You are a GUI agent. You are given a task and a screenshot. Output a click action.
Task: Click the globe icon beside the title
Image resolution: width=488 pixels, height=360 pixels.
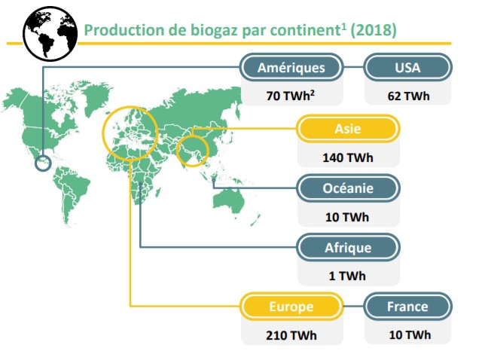pos(50,34)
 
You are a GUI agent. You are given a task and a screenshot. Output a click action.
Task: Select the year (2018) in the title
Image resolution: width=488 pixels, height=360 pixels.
pos(374,30)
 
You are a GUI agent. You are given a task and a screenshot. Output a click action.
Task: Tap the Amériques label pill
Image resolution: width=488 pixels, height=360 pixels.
pos(291,68)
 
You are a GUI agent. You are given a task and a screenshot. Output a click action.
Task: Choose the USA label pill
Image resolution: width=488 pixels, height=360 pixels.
pos(407,68)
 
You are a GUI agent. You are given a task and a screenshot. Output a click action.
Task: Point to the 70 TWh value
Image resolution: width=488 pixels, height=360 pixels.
pos(291,95)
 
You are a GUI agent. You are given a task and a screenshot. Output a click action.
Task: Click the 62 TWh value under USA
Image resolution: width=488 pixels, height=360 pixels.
pos(408,96)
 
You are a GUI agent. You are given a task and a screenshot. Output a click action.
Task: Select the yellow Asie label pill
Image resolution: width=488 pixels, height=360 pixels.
pos(348,129)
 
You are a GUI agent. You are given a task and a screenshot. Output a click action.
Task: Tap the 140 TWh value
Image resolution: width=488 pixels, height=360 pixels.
pos(348,157)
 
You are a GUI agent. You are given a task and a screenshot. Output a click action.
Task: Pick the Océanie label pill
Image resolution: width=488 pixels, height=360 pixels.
pos(348,188)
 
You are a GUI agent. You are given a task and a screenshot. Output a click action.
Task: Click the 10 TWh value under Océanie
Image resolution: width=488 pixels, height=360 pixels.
pos(347,217)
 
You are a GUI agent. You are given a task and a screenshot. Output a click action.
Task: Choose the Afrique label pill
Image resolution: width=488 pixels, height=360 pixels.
pos(348,248)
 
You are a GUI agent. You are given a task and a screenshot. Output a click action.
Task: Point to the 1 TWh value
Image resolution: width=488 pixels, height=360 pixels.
pos(347,276)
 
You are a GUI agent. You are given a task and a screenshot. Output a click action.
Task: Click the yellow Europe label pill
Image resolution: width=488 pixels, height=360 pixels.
pos(291,307)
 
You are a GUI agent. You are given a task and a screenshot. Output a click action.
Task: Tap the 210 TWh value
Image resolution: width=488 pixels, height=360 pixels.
pos(291,335)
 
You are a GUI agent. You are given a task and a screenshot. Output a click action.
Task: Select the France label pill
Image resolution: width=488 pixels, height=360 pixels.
pos(407,307)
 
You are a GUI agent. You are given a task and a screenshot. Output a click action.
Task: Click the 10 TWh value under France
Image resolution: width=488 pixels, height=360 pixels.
pos(410,335)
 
